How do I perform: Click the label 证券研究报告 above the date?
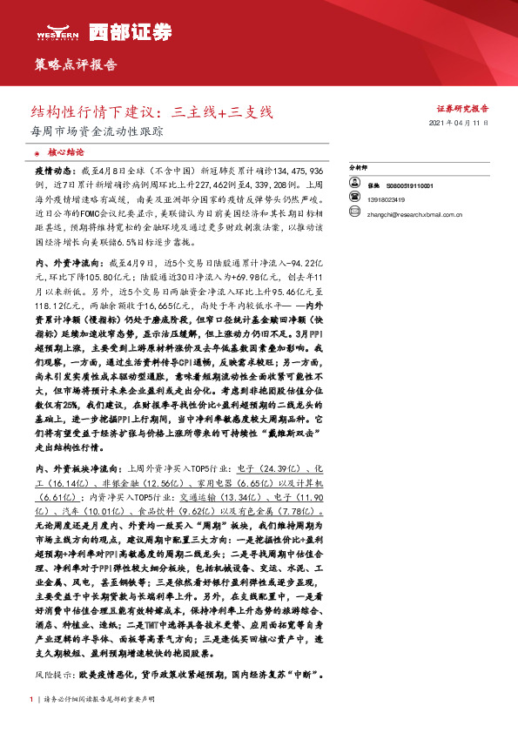point(462,109)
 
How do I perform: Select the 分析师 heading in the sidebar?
point(359,166)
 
